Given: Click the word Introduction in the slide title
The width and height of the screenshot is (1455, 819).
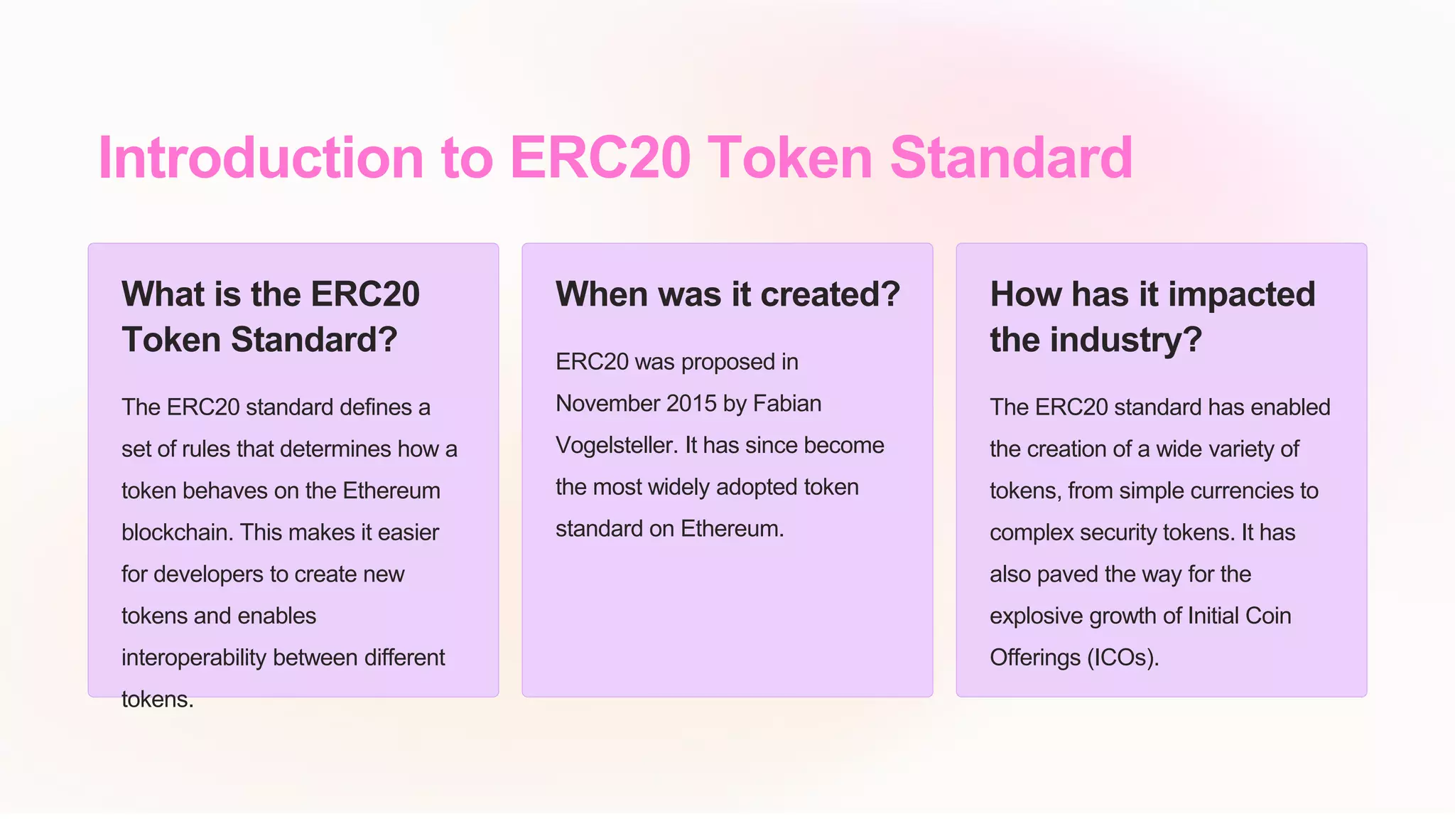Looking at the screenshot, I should pyautogui.click(x=261, y=158).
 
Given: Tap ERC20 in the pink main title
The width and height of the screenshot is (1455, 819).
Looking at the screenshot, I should pyautogui.click(x=600, y=158).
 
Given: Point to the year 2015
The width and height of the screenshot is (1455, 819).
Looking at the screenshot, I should pyautogui.click(x=691, y=404).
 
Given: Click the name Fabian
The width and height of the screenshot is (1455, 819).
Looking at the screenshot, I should pyautogui.click(x=786, y=404).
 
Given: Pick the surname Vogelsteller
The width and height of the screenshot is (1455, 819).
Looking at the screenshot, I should pyautogui.click(x=616, y=446).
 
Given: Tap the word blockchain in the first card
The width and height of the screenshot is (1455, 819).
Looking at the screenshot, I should pyautogui.click(x=177, y=532).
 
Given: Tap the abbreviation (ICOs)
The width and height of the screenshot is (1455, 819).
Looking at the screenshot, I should pyautogui.click(x=1123, y=658).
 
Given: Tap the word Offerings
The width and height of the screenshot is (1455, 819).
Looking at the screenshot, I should pyautogui.click(x=1035, y=658).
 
